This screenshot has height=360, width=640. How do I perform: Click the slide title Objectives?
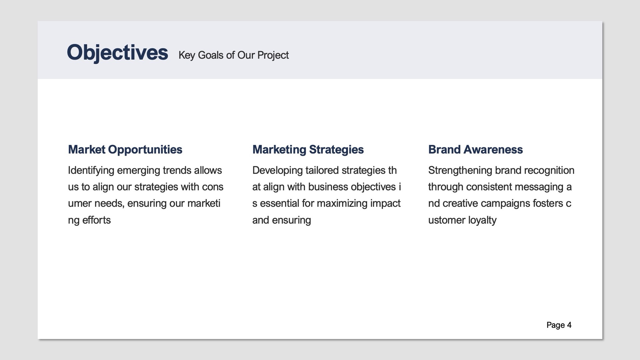point(117,53)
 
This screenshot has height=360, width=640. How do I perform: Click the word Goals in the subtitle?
point(210,55)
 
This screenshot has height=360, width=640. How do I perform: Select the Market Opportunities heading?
point(125,150)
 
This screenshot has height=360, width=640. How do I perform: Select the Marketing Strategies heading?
point(308,150)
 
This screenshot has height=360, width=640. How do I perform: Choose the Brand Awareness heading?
point(475,150)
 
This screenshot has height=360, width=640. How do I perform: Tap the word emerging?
point(138,170)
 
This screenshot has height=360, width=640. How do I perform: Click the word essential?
point(279,204)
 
